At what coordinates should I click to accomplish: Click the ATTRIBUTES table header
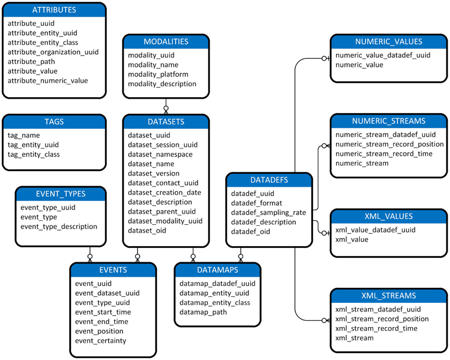click(54, 10)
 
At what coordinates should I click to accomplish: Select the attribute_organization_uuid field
click(53, 52)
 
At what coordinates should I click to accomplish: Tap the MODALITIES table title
click(166, 42)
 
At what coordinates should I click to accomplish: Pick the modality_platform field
click(158, 75)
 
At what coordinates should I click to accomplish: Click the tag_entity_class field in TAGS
click(34, 154)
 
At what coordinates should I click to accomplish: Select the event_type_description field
click(58, 227)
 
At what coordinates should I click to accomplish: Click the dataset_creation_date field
click(164, 192)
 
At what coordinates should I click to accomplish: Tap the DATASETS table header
click(165, 122)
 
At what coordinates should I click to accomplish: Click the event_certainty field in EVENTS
click(101, 340)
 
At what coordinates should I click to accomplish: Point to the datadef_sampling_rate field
click(268, 213)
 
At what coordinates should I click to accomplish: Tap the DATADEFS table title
click(269, 180)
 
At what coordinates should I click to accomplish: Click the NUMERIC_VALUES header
click(388, 42)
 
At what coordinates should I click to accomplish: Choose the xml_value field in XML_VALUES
click(351, 239)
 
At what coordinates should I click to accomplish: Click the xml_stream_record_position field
click(382, 318)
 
